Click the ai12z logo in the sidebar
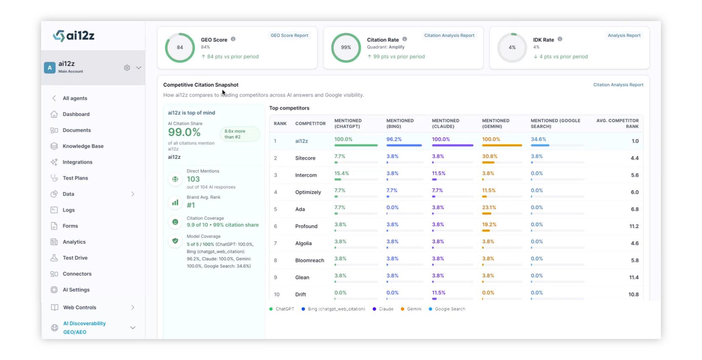click(x=74, y=36)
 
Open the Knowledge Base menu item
click(x=83, y=146)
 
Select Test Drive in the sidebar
click(x=75, y=258)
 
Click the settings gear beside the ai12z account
click(x=127, y=68)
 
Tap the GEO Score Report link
click(x=289, y=35)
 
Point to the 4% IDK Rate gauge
click(x=512, y=48)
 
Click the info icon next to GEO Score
click(x=233, y=39)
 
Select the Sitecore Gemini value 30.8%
click(x=490, y=157)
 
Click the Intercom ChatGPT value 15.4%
click(x=342, y=173)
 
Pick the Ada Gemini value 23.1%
click(x=489, y=207)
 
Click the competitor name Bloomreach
click(x=310, y=261)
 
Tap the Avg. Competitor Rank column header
click(x=617, y=123)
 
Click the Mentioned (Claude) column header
click(x=446, y=123)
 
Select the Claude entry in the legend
click(x=383, y=309)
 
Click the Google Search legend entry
click(x=447, y=309)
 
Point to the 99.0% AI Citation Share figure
click(x=184, y=132)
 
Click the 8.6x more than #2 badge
click(x=240, y=134)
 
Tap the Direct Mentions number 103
click(x=193, y=179)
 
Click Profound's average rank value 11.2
click(x=634, y=226)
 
